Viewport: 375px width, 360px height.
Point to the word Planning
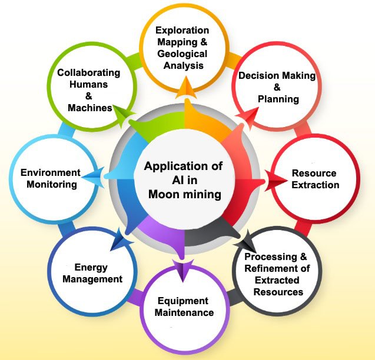pyautogui.click(x=277, y=99)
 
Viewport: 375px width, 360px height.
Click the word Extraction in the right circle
pyautogui.click(x=314, y=185)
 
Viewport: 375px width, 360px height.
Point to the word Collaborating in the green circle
pyautogui.click(x=88, y=73)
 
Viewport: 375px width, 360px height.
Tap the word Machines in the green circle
pyautogui.click(x=90, y=108)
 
